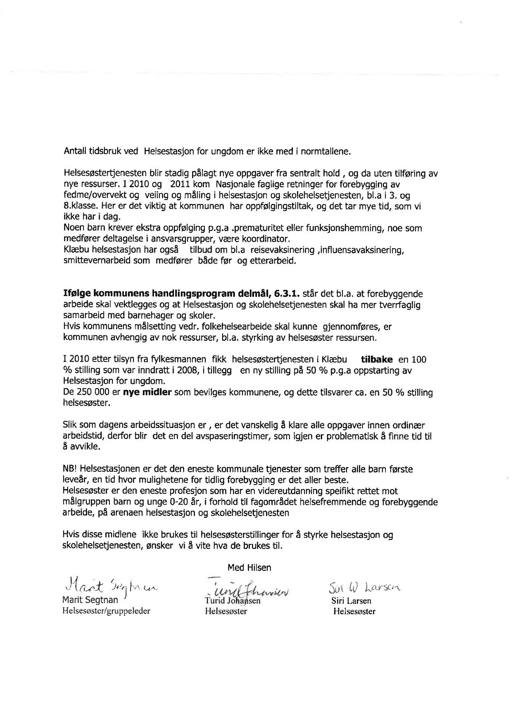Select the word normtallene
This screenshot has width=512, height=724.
click(x=328, y=151)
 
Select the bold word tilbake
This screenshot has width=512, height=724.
click(x=377, y=360)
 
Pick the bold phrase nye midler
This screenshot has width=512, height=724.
click(x=147, y=393)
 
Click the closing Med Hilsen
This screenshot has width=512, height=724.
click(x=250, y=567)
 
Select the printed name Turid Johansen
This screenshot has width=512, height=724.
click(x=232, y=601)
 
